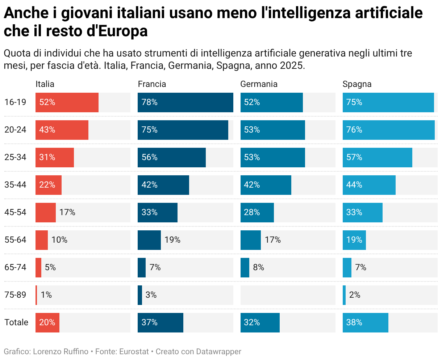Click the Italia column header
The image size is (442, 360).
(x=45, y=84)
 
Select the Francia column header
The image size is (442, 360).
(x=152, y=84)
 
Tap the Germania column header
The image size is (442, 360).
(x=259, y=84)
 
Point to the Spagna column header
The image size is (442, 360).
(x=357, y=84)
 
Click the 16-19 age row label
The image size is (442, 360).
(x=15, y=102)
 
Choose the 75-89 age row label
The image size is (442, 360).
(x=15, y=295)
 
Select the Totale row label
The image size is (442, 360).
(x=16, y=322)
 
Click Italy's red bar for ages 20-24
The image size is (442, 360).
(x=62, y=130)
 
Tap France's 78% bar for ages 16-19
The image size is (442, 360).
(x=185, y=102)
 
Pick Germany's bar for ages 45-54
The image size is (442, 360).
(x=257, y=212)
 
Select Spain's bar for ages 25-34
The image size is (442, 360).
(x=378, y=157)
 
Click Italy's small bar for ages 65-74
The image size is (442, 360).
(x=38, y=267)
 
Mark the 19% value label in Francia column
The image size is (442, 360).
(x=172, y=240)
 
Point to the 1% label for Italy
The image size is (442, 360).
(x=46, y=295)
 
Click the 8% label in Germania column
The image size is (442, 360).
(x=259, y=267)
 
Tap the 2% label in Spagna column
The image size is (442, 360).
(x=355, y=295)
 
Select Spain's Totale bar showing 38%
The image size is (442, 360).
(x=366, y=322)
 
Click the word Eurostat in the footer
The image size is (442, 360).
(x=134, y=351)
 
